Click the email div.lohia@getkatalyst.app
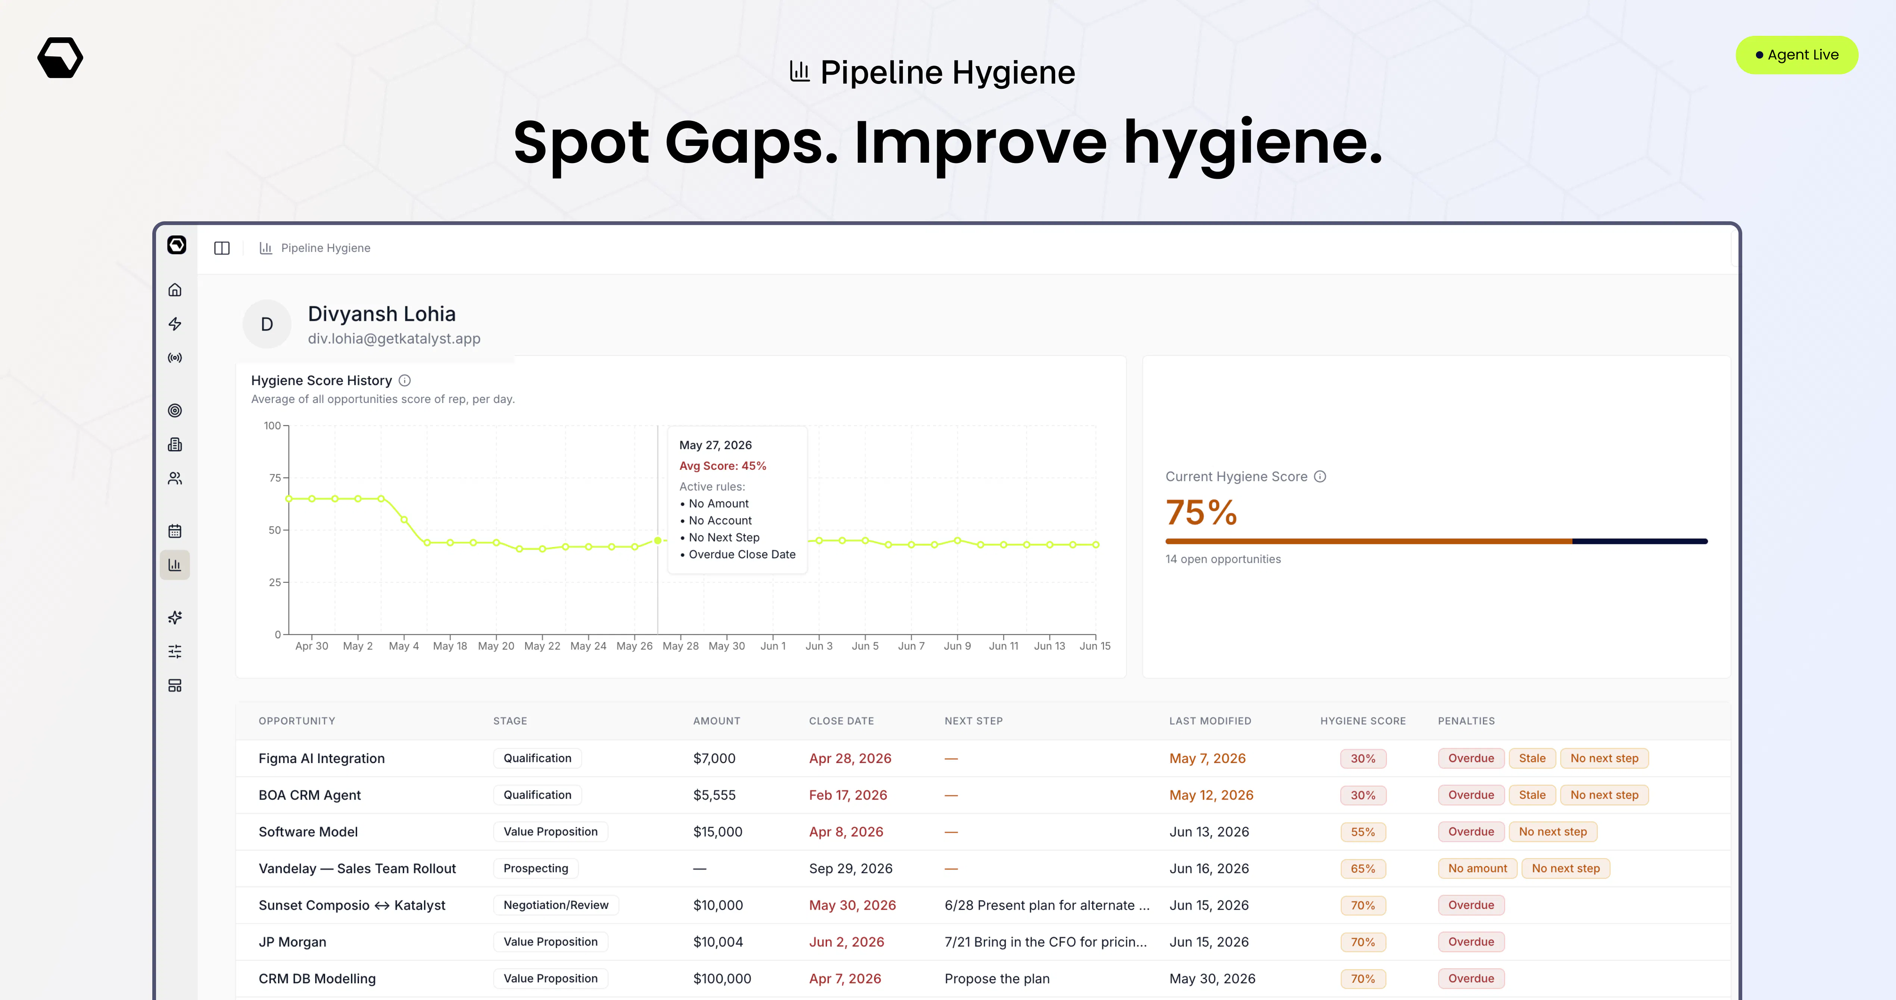(394, 338)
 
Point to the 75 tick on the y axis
(275, 478)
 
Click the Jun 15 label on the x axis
(1094, 646)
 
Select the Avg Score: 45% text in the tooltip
(722, 466)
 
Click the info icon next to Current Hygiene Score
(1320, 477)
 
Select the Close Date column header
(841, 721)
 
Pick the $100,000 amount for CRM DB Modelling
(722, 979)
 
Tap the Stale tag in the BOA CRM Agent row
(1532, 795)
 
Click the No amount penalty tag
(1477, 868)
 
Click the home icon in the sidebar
(174, 290)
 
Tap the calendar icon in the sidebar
(174, 531)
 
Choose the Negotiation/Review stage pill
(556, 905)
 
